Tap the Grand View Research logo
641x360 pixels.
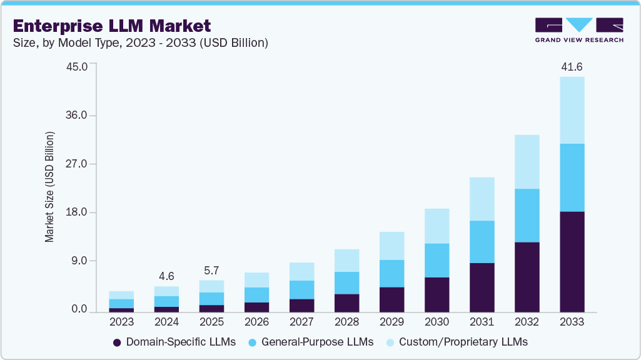pos(579,29)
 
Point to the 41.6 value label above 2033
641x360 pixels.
pos(572,66)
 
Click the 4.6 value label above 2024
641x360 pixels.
pos(166,276)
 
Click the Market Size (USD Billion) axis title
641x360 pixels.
pos(49,187)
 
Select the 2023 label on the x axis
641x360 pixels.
pos(121,322)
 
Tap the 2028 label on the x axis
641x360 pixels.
pos(346,322)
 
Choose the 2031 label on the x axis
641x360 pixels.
pos(482,322)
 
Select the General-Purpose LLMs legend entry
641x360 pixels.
pos(311,342)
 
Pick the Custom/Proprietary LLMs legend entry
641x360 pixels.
pos(456,342)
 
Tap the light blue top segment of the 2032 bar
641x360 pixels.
pos(527,161)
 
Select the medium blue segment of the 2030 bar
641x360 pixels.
pos(437,260)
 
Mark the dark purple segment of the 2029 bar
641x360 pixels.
pos(391,299)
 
